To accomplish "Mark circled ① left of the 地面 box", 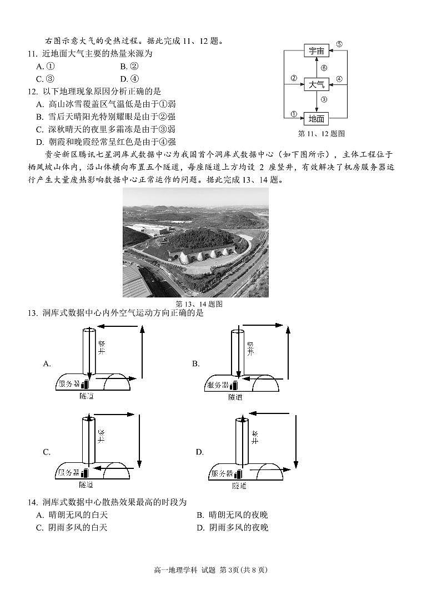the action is click(x=293, y=114).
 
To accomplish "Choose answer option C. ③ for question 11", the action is click(x=45, y=79).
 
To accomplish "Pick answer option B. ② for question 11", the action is click(x=129, y=66).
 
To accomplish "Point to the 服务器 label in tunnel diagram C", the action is click(x=69, y=473).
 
